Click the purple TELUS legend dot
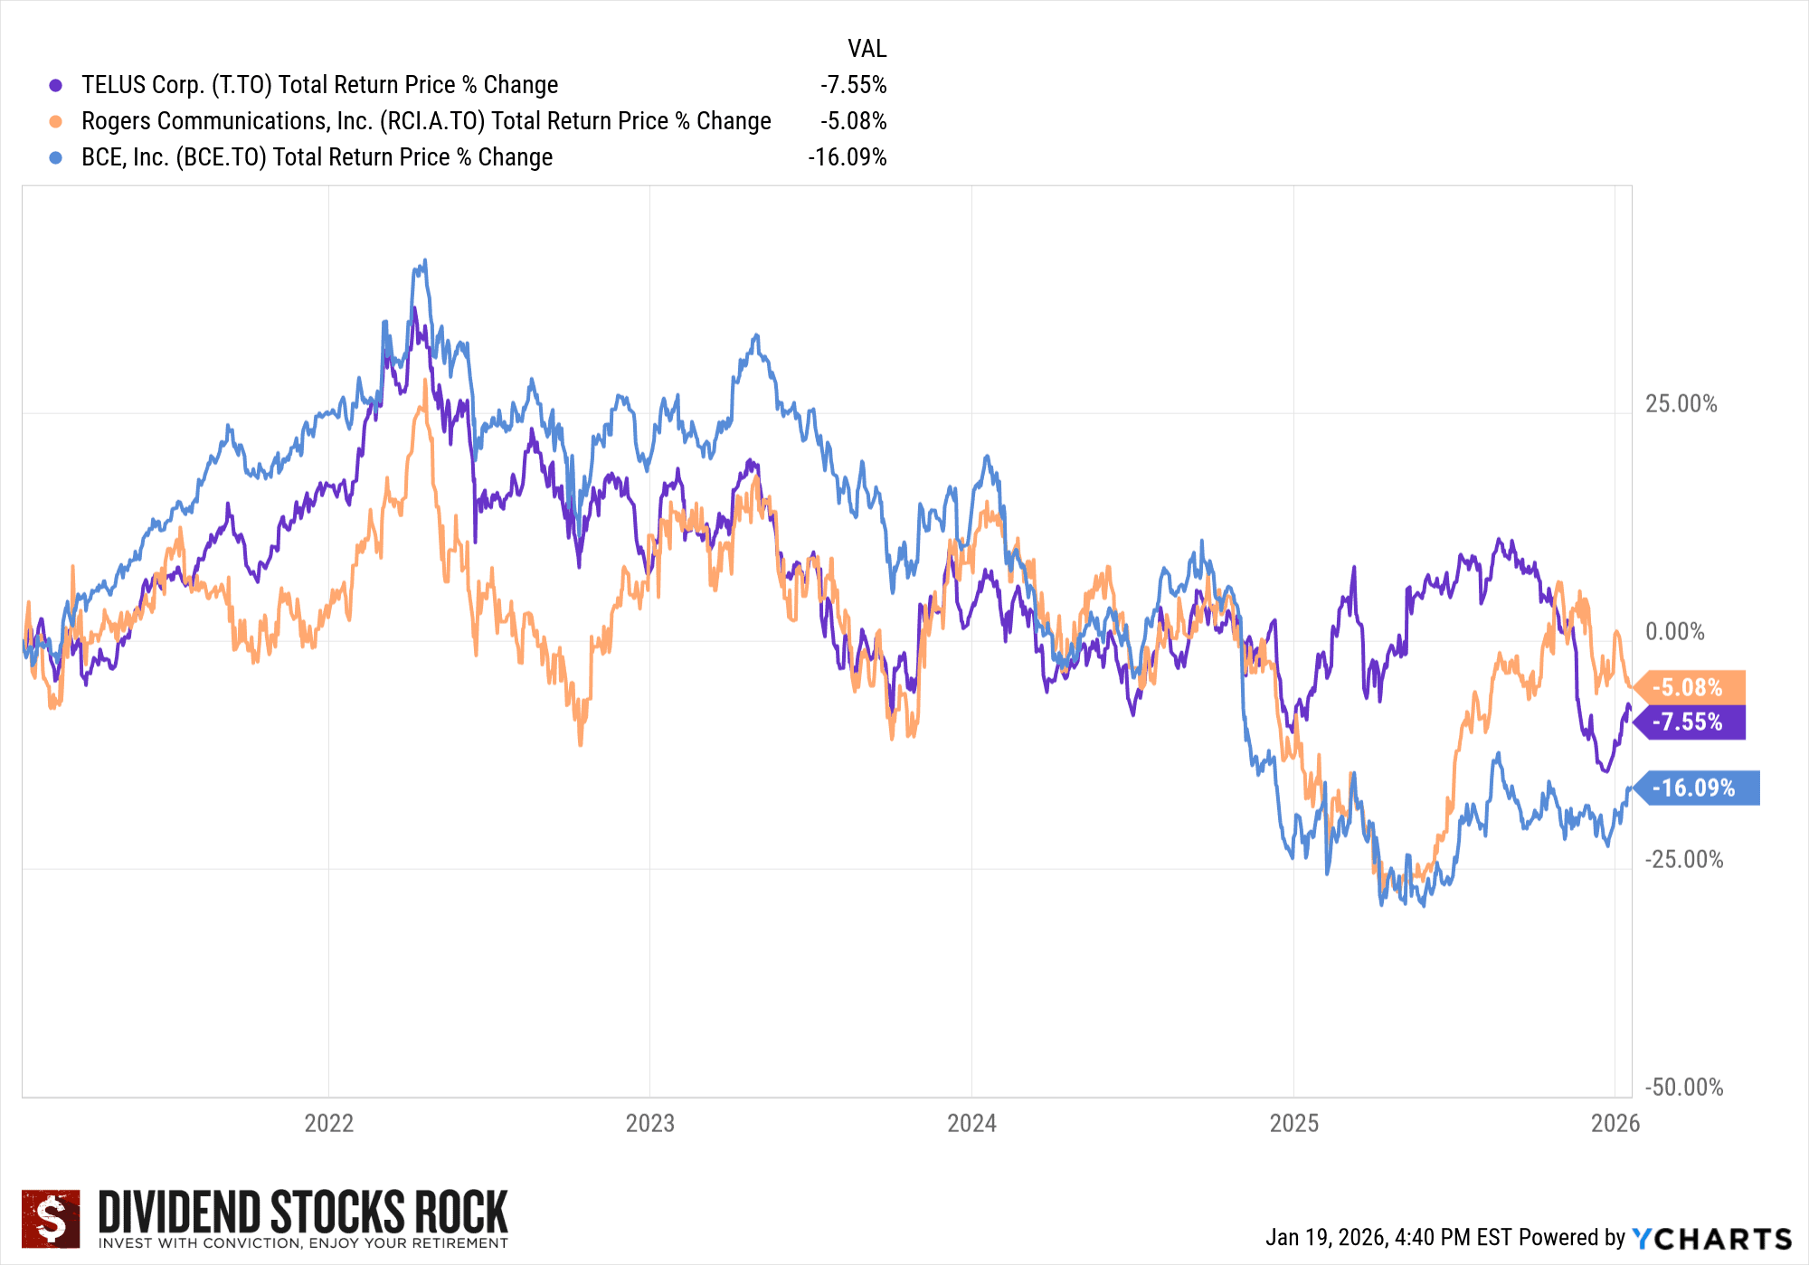coord(56,85)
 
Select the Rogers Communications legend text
coord(426,121)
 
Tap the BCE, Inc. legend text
coord(317,157)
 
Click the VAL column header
coord(867,49)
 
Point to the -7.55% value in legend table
coord(853,85)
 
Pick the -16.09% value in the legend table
coord(848,157)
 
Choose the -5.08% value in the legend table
coord(853,121)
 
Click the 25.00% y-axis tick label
coord(1681,404)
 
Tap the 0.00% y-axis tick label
coord(1674,632)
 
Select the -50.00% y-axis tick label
coord(1683,1087)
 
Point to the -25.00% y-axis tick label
coord(1683,859)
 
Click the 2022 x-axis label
coord(328,1123)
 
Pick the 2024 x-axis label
coord(971,1123)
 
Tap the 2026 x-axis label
coord(1615,1123)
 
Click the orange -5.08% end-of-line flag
coord(1688,687)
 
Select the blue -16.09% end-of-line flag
coord(1695,788)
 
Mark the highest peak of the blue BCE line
coord(425,261)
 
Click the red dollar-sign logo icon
coord(51,1218)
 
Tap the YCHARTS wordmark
coord(1712,1238)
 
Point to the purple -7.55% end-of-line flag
coord(1688,722)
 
